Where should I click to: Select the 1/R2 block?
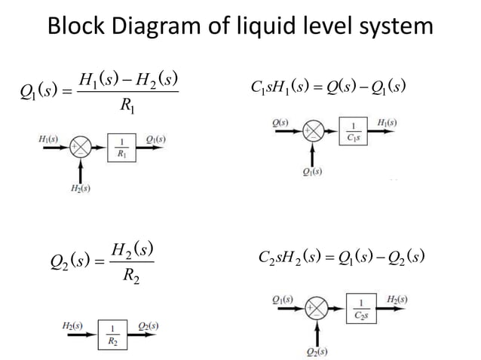pos(112,334)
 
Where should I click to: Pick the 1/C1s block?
pos(354,132)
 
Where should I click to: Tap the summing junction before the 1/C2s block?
pos(317,309)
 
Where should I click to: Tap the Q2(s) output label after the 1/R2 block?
pos(148,325)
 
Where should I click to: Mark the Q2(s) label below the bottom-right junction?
pos(317,351)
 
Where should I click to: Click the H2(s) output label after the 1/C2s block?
pos(397,299)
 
